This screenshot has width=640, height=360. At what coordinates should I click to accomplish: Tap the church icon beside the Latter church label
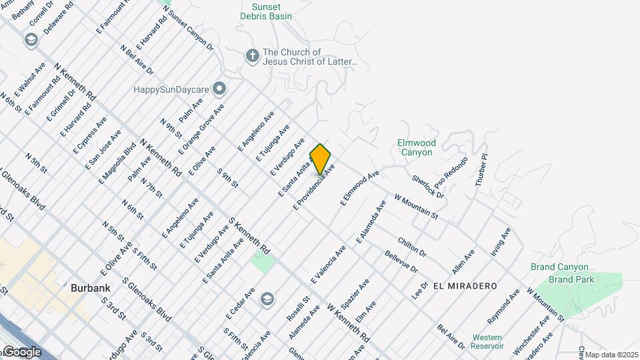[x=252, y=56]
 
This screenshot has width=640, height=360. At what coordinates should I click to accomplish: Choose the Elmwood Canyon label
[x=417, y=147]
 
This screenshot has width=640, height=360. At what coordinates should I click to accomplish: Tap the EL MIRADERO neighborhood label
[x=465, y=285]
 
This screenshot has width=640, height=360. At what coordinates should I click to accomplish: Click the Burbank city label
[x=90, y=288]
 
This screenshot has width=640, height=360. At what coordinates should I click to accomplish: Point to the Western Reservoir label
[x=487, y=341]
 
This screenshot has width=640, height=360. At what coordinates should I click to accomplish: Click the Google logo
[x=22, y=352]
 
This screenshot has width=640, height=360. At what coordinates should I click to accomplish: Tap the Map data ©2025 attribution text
[x=612, y=355]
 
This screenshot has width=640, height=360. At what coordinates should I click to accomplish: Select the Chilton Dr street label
[x=412, y=247]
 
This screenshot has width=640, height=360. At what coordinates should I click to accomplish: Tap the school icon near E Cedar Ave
[x=267, y=299]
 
